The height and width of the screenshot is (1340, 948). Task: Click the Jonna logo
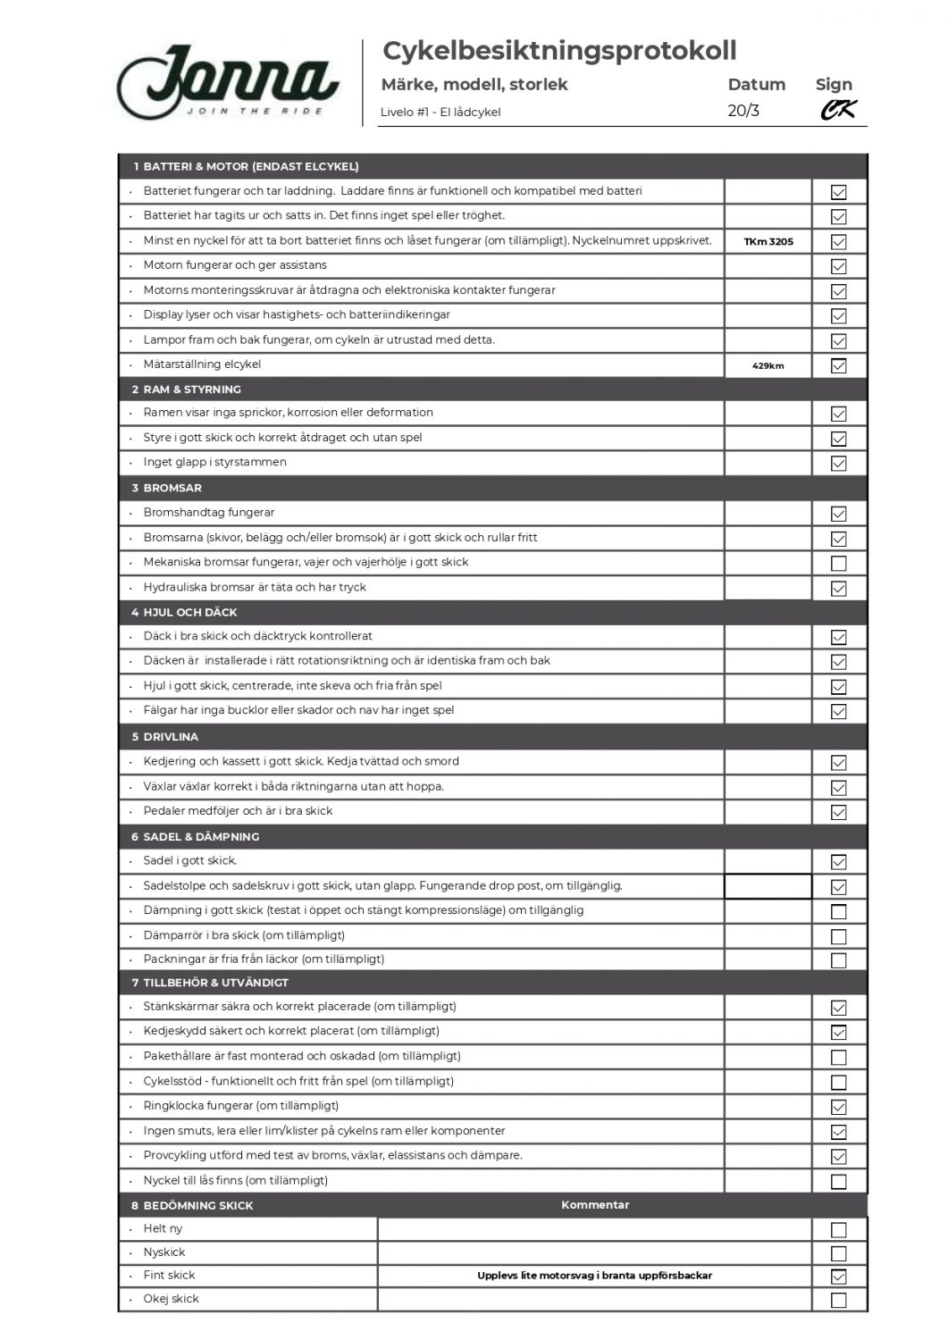point(228,82)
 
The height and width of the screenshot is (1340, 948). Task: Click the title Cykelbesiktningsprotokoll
point(559,51)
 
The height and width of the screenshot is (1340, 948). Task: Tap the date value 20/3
point(743,111)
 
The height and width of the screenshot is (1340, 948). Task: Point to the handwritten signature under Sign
point(838,110)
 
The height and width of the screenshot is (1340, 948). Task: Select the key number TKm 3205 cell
point(768,241)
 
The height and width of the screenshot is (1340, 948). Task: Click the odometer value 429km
point(768,365)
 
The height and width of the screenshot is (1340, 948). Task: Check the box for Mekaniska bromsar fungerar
point(838,564)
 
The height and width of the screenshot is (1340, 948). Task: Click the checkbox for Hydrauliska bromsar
point(838,589)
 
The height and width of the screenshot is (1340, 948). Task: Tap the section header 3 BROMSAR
point(166,488)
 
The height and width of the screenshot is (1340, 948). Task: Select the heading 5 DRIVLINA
point(165,737)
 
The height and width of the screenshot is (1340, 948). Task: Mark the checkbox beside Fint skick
point(838,1277)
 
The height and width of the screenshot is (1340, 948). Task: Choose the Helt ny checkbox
point(838,1230)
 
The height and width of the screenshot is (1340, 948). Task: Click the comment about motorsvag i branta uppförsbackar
point(594,1276)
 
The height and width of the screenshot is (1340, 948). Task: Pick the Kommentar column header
point(595,1205)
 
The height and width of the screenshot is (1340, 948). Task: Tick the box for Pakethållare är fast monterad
point(838,1058)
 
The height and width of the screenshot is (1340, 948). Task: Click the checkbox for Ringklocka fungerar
point(838,1107)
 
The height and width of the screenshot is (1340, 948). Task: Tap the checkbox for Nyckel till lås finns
point(838,1182)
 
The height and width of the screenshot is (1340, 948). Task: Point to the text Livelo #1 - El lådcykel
point(440,113)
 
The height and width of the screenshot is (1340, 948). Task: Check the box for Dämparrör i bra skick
point(838,937)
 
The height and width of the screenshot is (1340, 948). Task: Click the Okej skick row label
point(172,1299)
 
